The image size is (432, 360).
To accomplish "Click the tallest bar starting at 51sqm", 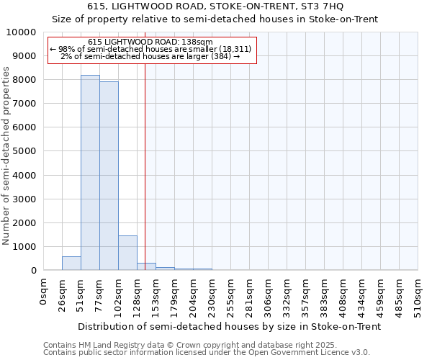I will [x=90, y=173].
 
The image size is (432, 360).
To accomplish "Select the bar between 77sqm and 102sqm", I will [x=109, y=176].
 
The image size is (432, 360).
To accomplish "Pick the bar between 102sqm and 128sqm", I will [x=127, y=253].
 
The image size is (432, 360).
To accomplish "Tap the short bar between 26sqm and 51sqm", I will [x=71, y=264].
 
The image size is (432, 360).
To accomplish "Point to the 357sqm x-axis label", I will [x=306, y=294].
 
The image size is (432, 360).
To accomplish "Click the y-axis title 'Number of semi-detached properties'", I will [x=7, y=156].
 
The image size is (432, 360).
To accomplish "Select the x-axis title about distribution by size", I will [x=229, y=326].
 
